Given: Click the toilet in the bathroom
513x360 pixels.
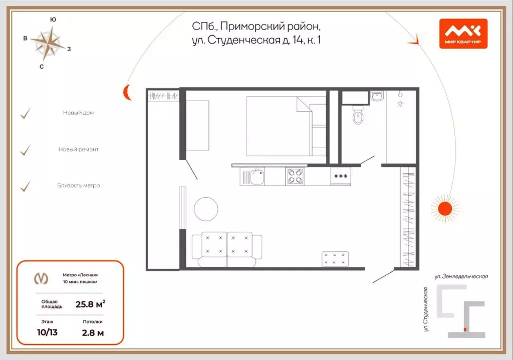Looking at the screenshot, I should click(358, 116).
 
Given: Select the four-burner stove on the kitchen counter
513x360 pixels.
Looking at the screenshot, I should click(295, 176).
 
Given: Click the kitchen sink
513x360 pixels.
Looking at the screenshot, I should click(257, 176).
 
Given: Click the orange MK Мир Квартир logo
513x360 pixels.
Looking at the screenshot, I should click(463, 34).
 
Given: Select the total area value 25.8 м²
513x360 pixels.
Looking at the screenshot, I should click(90, 303).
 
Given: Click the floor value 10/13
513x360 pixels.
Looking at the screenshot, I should click(48, 331).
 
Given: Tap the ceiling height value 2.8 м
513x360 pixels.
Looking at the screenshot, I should click(93, 331).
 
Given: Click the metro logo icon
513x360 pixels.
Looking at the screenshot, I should click(41, 278).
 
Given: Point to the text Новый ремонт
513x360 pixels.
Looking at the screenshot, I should click(78, 149).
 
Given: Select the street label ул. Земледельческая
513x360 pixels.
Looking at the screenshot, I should click(460, 276).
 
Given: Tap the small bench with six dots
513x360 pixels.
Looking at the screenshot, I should click(335, 258).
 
